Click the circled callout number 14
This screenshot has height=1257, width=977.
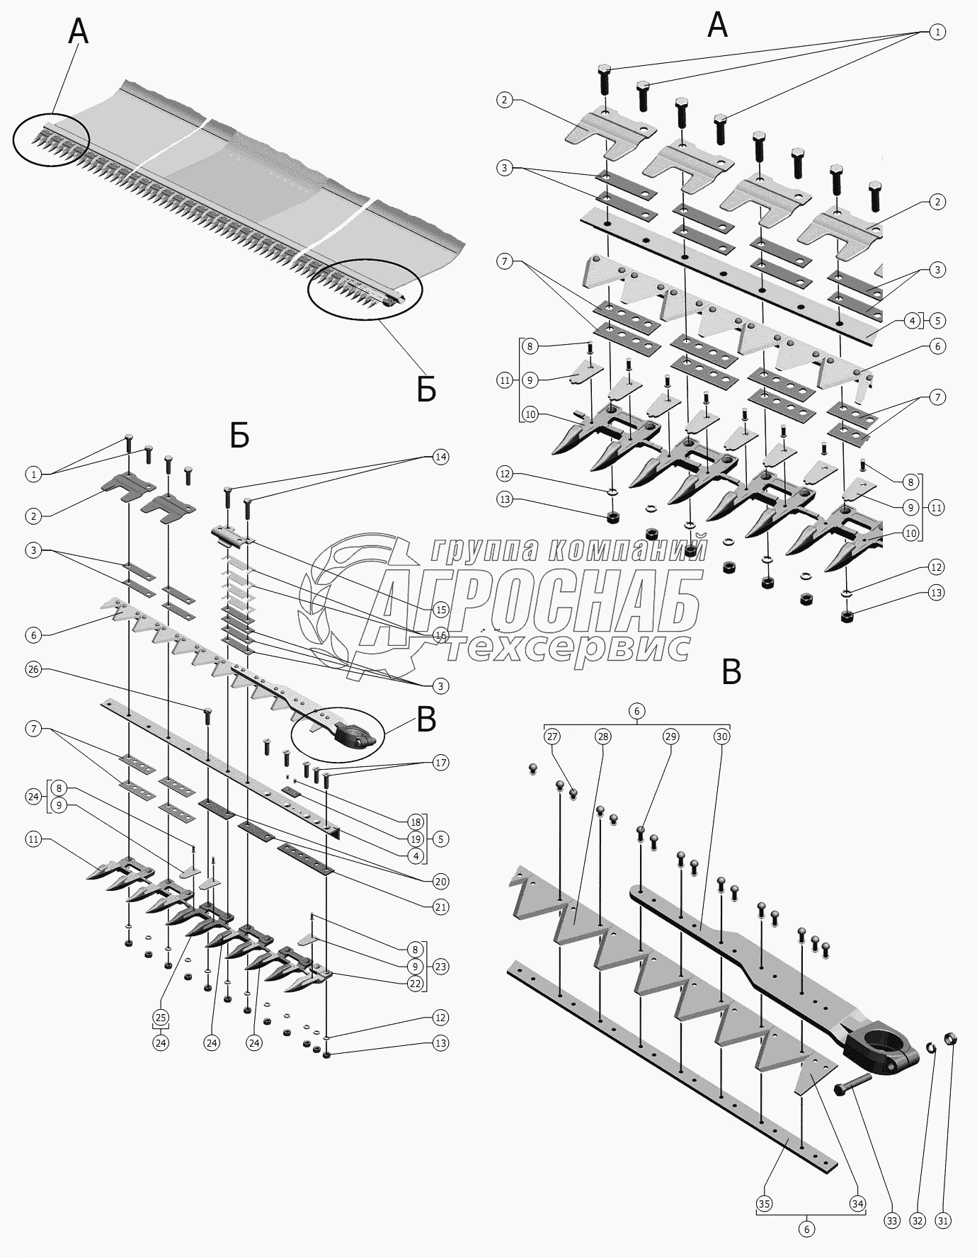pos(440,457)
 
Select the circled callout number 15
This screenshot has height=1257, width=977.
pos(440,609)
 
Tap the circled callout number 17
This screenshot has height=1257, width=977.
pos(440,763)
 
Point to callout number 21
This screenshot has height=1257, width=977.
pos(440,906)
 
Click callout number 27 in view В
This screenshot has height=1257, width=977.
pos(552,736)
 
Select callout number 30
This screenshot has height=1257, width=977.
pos(721,736)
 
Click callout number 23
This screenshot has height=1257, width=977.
pos(440,966)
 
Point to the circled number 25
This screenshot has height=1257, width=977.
pos(161,1018)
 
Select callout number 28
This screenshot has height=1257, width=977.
pos(602,736)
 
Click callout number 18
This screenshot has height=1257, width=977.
pos(416,821)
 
